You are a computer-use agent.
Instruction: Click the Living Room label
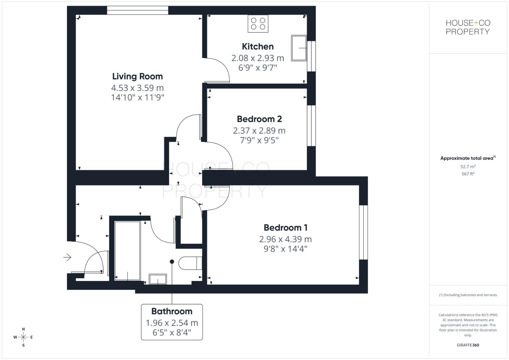[x=137, y=76]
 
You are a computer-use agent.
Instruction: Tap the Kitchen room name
[x=258, y=46]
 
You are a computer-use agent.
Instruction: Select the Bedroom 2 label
[x=259, y=119]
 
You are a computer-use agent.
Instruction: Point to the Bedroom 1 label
[x=285, y=228]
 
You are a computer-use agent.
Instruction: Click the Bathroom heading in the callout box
[x=172, y=311]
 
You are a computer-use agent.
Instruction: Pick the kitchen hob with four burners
[x=258, y=24]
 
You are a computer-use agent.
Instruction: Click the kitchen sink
[x=299, y=48]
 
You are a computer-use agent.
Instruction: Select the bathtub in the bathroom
[x=127, y=250]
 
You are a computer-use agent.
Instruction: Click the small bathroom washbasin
[x=158, y=279]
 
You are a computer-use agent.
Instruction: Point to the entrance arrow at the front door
[x=67, y=257]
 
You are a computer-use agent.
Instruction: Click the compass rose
[x=23, y=337]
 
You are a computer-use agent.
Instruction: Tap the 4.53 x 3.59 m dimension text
[x=137, y=88]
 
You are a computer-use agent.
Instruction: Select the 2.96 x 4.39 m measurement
[x=285, y=239]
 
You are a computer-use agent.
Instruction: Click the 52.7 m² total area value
[x=468, y=166]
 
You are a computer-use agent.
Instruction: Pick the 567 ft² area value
[x=468, y=174]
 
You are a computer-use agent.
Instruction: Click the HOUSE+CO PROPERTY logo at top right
[x=468, y=27]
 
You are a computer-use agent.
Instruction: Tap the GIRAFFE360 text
[x=468, y=345]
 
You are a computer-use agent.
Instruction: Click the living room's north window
[x=137, y=10]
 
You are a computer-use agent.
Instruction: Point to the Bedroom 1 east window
[x=363, y=232]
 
